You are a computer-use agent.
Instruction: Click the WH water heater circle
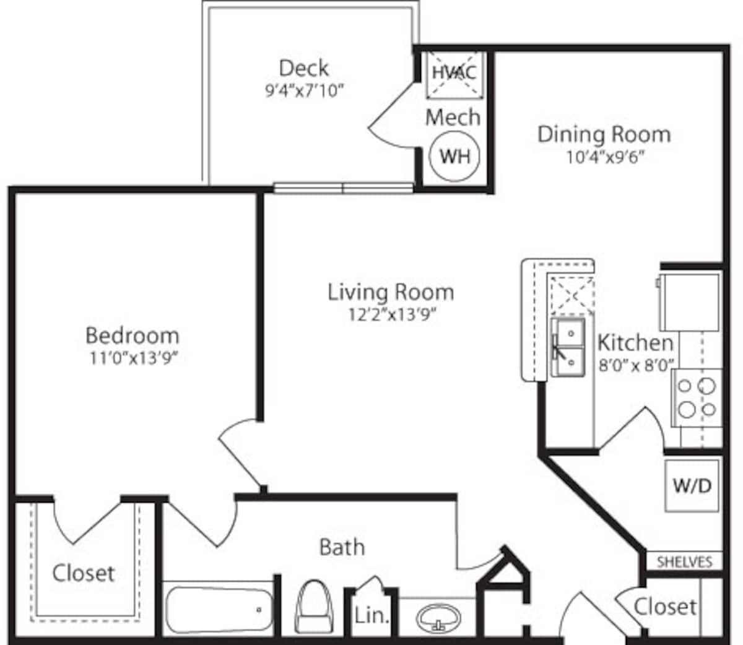tap(454, 156)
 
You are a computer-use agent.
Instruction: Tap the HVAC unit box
tap(454, 73)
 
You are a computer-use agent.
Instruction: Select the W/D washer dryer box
tap(692, 485)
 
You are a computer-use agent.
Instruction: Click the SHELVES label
tap(684, 562)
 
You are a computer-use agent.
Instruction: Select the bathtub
tap(219, 610)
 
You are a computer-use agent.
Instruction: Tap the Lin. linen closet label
tap(372, 616)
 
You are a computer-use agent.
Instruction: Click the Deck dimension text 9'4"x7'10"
tap(304, 91)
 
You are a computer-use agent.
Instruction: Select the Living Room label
tap(391, 292)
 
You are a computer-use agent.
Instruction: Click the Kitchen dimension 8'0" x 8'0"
tap(635, 365)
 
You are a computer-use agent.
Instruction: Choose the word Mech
tap(453, 117)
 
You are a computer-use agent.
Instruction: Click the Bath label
tap(342, 547)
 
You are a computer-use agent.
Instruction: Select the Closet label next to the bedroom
tap(84, 573)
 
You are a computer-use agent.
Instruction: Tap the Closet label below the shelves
tap(665, 606)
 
